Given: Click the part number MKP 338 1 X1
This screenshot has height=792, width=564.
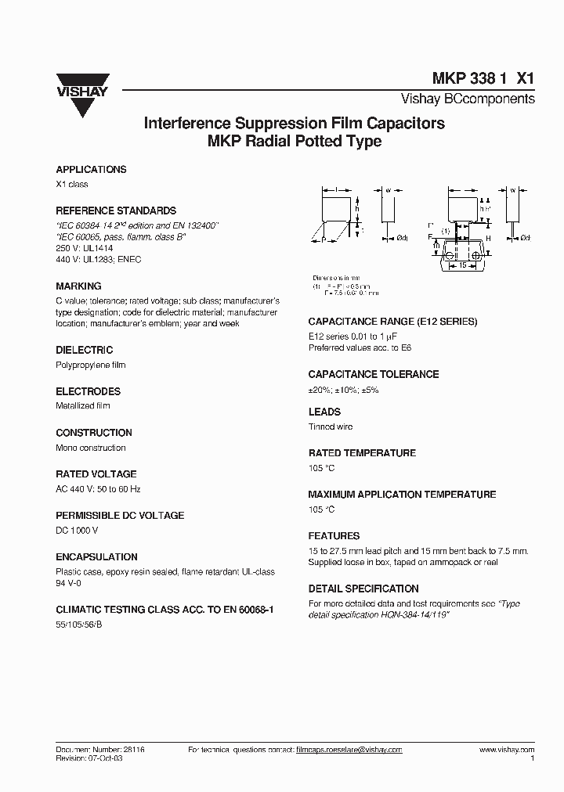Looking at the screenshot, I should click(483, 78).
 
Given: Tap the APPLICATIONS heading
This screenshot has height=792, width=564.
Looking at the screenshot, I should click(91, 170).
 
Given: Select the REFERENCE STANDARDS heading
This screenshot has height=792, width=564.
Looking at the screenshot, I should click(116, 211).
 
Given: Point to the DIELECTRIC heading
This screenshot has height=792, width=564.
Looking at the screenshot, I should click(85, 351).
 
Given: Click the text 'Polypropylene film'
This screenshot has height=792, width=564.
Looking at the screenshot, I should click(91, 365).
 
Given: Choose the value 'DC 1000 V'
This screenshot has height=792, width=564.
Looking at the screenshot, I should click(78, 531).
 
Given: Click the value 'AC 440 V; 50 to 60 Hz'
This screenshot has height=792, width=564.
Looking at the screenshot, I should click(99, 489).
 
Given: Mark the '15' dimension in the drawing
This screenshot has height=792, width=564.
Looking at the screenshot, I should click(463, 266).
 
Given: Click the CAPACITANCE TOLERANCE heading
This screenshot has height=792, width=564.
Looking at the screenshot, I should click(373, 375).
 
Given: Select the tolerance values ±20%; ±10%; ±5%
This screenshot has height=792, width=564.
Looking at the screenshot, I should click(344, 390).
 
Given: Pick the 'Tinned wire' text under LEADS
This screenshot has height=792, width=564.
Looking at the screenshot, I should click(331, 427).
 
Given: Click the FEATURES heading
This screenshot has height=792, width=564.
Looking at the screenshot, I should click(334, 536).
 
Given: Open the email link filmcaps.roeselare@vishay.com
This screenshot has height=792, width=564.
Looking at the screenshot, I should click(349, 750).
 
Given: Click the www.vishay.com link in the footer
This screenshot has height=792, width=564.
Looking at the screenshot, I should click(506, 750).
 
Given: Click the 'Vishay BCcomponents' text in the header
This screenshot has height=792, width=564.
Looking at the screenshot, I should click(468, 99).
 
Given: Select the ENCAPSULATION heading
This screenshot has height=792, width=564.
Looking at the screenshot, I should click(96, 557).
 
